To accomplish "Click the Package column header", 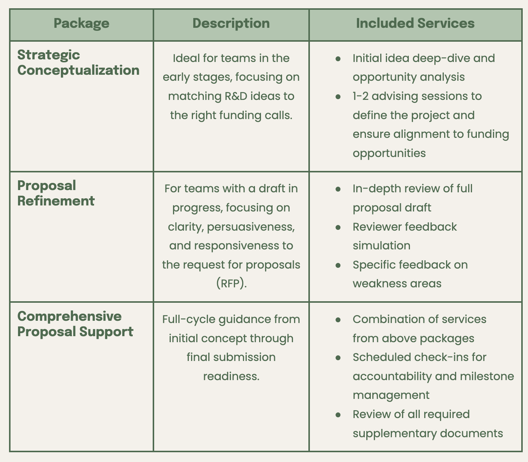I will coord(81,23).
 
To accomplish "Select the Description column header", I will coord(231,23).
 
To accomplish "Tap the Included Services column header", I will coord(415,23).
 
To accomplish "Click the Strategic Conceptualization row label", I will coord(78,62).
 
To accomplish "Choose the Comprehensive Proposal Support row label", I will coord(75,324).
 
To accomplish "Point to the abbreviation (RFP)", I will coord(231,284).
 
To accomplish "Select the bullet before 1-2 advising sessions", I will coord(338,97).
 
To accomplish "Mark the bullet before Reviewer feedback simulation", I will coord(338,227).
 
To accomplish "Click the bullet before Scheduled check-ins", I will coord(338,357).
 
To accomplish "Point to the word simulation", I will coord(381,246).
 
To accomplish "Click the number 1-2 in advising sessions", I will coord(361,96).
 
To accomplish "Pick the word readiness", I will coord(231,376).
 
